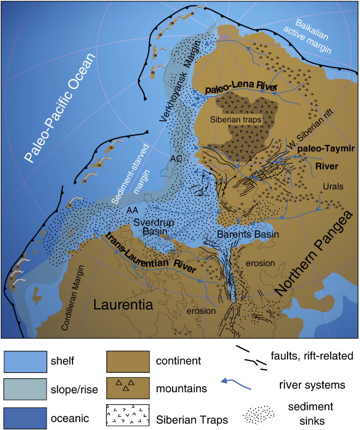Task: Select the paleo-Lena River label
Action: [238, 86]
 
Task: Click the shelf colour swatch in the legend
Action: [25, 359]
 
